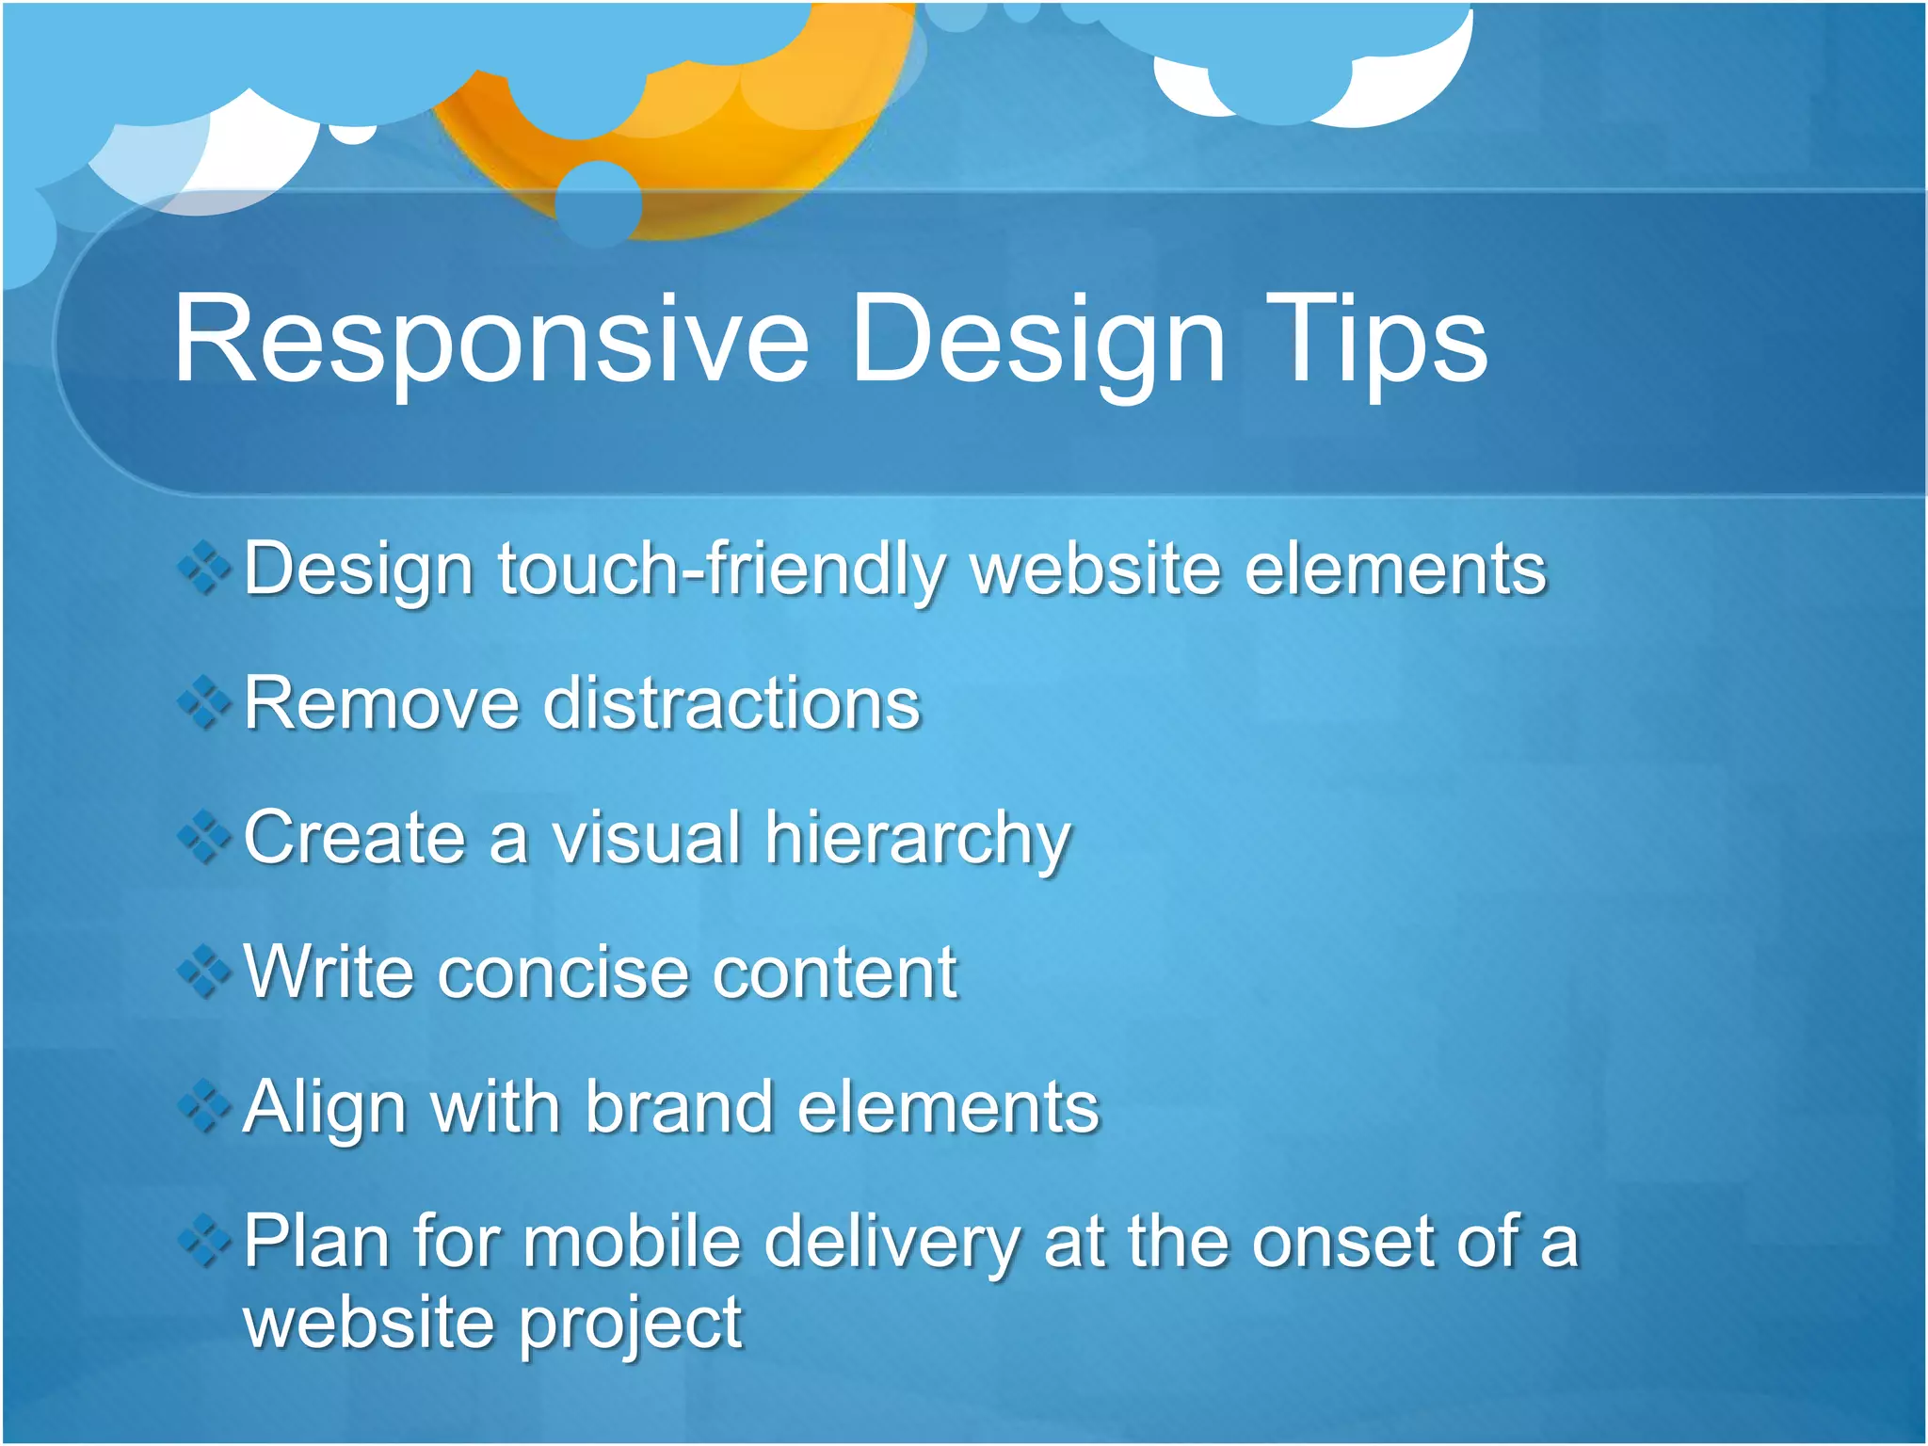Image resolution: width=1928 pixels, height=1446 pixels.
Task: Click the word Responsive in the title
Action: pyautogui.click(x=490, y=341)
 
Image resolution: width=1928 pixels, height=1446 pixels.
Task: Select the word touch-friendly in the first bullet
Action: pyautogui.click(x=720, y=570)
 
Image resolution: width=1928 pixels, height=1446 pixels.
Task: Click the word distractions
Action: pyautogui.click(x=731, y=704)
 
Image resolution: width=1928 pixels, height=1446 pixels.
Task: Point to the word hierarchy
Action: pyautogui.click(x=918, y=839)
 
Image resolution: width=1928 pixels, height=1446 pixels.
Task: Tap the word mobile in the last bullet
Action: pyautogui.click(x=633, y=1242)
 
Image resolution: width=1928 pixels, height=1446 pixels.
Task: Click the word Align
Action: pyautogui.click(x=325, y=1107)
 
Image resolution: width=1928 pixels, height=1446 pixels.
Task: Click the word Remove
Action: pyautogui.click(x=381, y=704)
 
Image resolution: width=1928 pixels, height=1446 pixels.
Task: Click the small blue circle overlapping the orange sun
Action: pyautogui.click(x=599, y=201)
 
